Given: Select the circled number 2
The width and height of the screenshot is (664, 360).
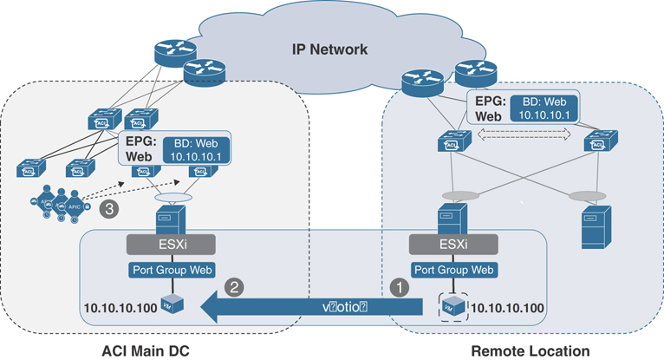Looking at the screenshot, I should coord(232,284).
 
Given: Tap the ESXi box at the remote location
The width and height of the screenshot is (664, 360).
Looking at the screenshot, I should coord(448,245).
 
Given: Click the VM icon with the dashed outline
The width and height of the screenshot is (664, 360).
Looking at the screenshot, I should coord(448,306).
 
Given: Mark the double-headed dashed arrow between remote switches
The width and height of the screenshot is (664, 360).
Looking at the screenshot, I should coord(518,134).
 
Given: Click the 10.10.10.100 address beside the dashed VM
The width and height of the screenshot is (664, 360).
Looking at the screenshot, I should coord(509,307).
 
